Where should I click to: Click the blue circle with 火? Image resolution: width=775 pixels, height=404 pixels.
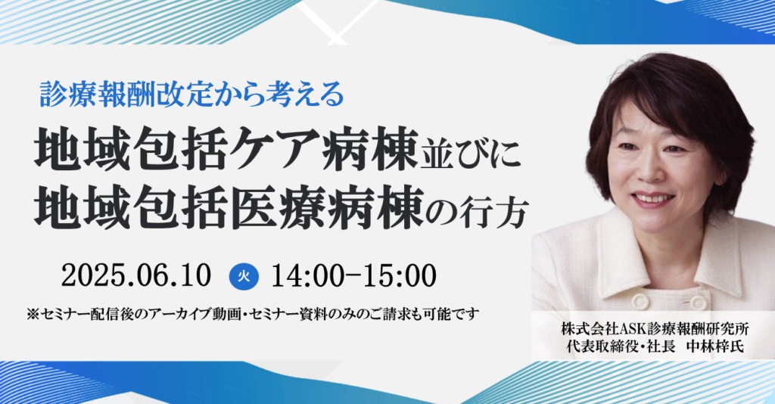[244, 276]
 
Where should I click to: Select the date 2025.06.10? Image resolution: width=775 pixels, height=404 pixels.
[136, 276]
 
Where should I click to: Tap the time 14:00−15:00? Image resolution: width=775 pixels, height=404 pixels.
[354, 276]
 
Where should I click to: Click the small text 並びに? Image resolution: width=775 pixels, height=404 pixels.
[470, 154]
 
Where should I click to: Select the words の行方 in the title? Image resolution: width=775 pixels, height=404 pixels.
[477, 213]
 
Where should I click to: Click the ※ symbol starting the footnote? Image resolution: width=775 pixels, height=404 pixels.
[33, 314]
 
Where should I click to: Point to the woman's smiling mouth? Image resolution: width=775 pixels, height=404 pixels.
[653, 198]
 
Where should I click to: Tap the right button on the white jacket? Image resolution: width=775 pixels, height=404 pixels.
[698, 302]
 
